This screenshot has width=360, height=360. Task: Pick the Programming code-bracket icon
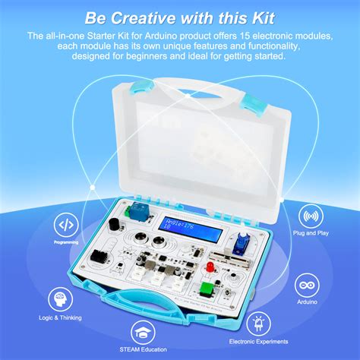tap(65, 225)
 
